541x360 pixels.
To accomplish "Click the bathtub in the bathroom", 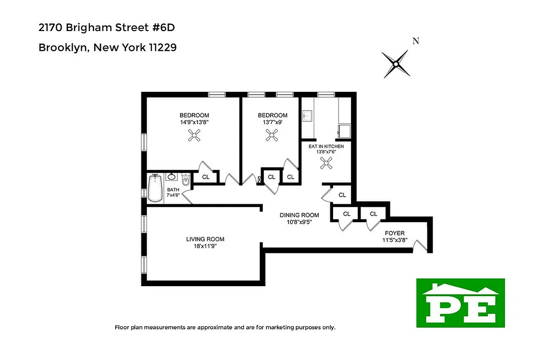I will (x=155, y=188).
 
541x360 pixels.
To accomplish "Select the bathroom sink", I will (x=172, y=177).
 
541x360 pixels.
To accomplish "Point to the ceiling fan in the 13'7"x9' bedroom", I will (x=272, y=135).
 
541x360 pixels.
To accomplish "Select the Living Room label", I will (x=205, y=239).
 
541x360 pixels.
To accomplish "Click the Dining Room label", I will (x=299, y=215).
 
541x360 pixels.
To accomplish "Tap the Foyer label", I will (x=394, y=233).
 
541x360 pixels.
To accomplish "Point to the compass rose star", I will (x=396, y=64).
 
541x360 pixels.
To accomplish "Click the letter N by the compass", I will (x=416, y=41).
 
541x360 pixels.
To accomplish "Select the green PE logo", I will (x=460, y=302).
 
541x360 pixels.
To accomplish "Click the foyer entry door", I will (x=420, y=245).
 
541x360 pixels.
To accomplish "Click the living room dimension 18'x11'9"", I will (x=205, y=246).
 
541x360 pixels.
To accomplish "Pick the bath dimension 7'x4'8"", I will (x=173, y=195).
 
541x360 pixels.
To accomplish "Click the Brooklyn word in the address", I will (x=63, y=47).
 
